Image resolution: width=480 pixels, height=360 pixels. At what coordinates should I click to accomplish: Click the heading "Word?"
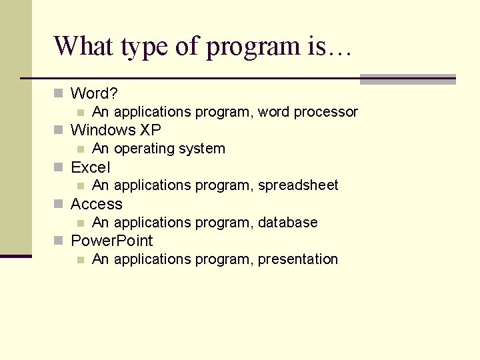click(x=94, y=93)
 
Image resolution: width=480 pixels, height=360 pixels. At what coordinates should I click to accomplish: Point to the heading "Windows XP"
click(x=116, y=130)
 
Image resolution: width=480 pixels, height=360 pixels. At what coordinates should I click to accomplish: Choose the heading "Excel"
click(x=91, y=167)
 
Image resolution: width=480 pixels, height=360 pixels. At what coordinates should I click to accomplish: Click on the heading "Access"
click(x=97, y=204)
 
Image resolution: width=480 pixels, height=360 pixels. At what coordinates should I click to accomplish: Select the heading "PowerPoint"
click(x=112, y=241)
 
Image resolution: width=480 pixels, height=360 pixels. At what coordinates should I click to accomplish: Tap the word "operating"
click(x=143, y=149)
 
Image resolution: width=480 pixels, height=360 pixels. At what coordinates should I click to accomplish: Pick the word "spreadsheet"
click(x=298, y=185)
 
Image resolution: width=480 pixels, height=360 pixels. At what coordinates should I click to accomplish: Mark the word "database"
click(x=287, y=222)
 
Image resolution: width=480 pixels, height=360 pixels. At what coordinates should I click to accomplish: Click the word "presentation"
click(x=298, y=259)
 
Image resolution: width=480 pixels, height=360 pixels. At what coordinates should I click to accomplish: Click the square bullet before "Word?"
click(x=59, y=93)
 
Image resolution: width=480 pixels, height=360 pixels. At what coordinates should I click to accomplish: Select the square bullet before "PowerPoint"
click(x=59, y=240)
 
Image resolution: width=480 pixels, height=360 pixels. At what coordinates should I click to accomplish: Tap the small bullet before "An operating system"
click(x=81, y=149)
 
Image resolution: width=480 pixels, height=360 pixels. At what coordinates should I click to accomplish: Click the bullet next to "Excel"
click(x=59, y=167)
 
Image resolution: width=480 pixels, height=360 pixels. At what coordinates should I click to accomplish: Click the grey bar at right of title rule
click(x=407, y=79)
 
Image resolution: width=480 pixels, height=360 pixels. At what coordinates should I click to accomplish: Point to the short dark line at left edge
click(x=15, y=256)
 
